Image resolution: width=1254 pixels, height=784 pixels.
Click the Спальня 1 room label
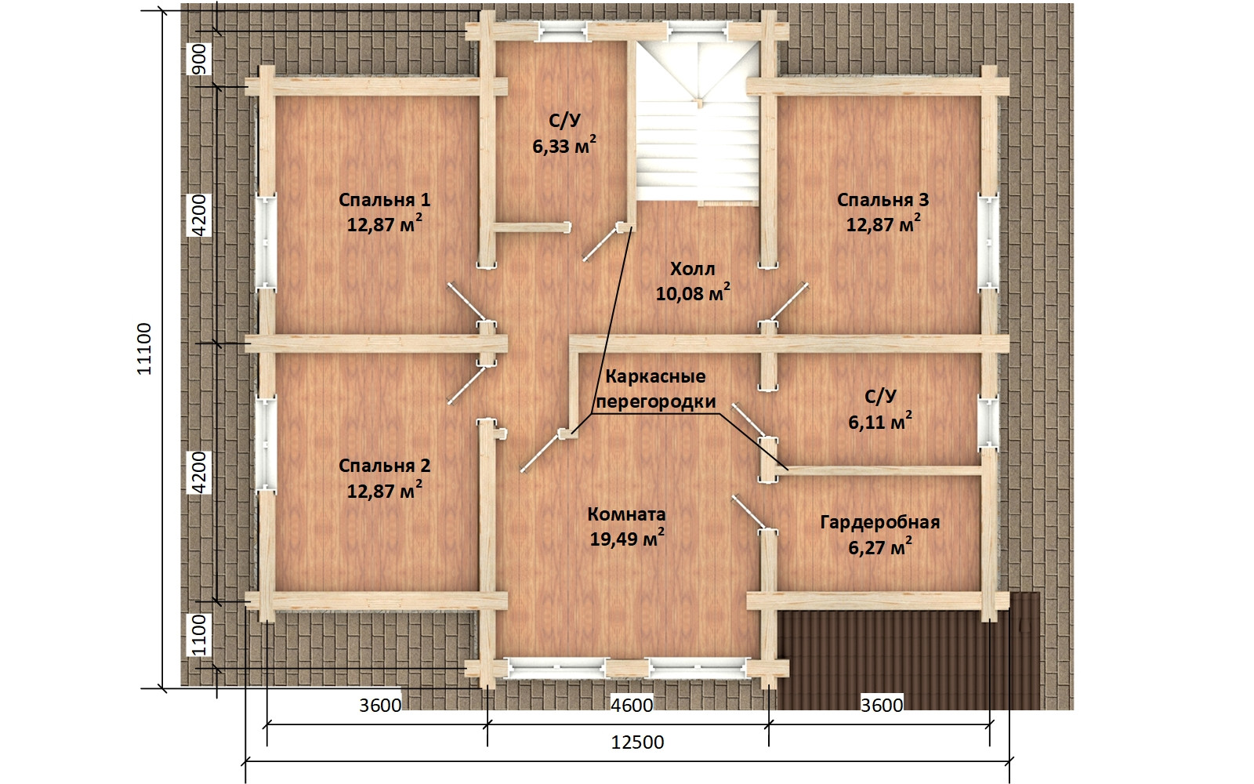tap(385, 200)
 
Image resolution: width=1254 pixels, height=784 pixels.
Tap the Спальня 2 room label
tap(385, 466)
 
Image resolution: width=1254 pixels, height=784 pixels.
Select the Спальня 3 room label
tap(883, 200)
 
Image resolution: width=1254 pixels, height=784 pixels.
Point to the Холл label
tap(693, 270)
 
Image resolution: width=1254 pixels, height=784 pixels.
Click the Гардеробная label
tap(880, 522)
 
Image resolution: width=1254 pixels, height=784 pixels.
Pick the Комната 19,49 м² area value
tap(627, 539)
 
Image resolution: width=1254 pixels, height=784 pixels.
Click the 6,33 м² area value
tap(564, 146)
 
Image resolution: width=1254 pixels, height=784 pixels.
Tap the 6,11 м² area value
tap(880, 421)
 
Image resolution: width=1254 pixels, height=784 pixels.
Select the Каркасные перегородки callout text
tap(655, 389)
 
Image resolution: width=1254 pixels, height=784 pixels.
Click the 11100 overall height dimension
tap(144, 349)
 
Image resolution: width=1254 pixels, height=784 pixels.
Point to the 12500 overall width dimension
tap(637, 742)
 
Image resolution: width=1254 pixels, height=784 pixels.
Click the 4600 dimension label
tap(632, 705)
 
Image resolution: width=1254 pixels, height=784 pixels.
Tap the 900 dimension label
tap(199, 59)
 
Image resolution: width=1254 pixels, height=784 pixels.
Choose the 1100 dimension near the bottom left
tap(199, 635)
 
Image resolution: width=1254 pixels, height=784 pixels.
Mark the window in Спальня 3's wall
tap(989, 241)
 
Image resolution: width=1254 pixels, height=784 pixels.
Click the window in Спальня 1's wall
tap(266, 241)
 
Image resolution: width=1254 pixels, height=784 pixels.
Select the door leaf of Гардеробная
tap(748, 513)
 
